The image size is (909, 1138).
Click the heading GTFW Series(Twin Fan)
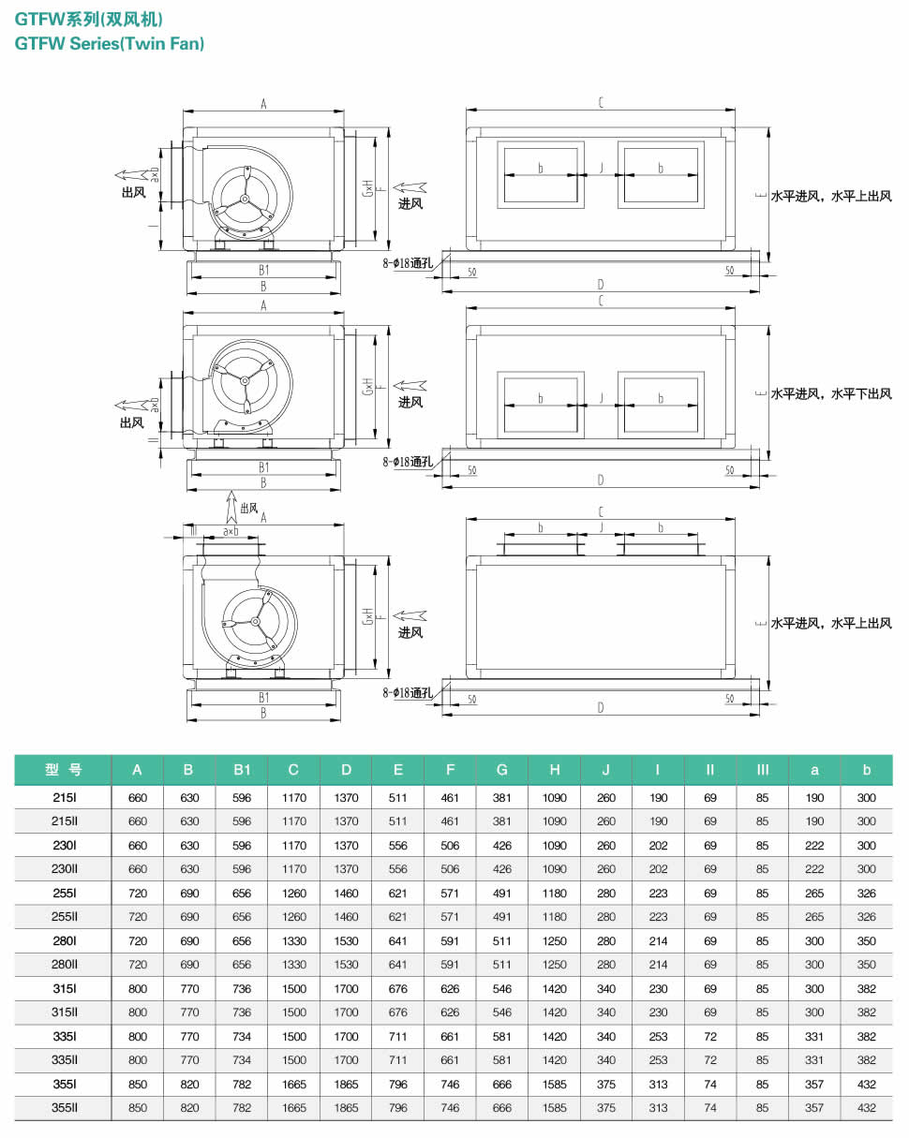tap(110, 43)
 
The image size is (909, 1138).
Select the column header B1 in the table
tap(242, 770)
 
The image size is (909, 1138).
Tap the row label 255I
tap(65, 894)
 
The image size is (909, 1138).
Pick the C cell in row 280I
tap(293, 940)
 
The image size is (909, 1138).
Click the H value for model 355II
tap(554, 1108)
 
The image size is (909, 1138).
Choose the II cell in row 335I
tap(710, 1037)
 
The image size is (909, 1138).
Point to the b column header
tap(866, 770)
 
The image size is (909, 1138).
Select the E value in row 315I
tap(398, 989)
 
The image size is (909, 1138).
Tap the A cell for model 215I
tap(138, 797)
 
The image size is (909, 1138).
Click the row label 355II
tap(65, 1108)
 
